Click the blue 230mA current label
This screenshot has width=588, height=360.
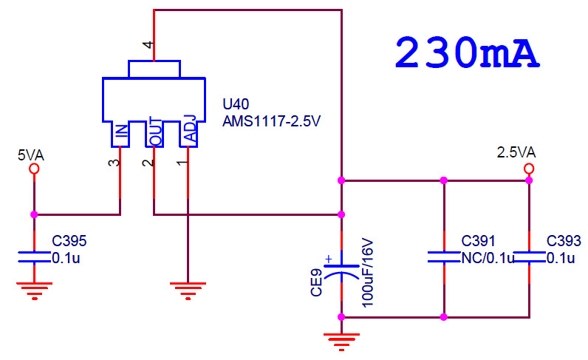point(467,52)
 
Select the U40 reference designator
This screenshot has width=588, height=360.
point(236,104)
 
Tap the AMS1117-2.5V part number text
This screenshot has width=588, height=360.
point(272,121)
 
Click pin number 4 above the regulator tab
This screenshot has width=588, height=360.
point(148,44)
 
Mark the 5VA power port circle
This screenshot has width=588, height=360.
point(34,169)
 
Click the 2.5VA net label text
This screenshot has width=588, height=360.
point(516,152)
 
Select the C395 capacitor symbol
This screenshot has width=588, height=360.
point(34,257)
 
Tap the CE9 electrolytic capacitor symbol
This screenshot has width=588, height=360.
point(341,271)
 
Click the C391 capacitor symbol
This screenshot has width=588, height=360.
point(444,257)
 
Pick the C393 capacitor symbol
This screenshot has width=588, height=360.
point(529,257)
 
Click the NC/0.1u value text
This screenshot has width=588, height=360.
point(488,258)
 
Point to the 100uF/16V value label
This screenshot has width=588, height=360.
point(368,273)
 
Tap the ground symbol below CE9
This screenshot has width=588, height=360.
point(341,342)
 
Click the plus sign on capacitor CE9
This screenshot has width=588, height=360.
point(329,259)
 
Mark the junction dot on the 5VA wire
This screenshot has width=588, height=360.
point(34,214)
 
